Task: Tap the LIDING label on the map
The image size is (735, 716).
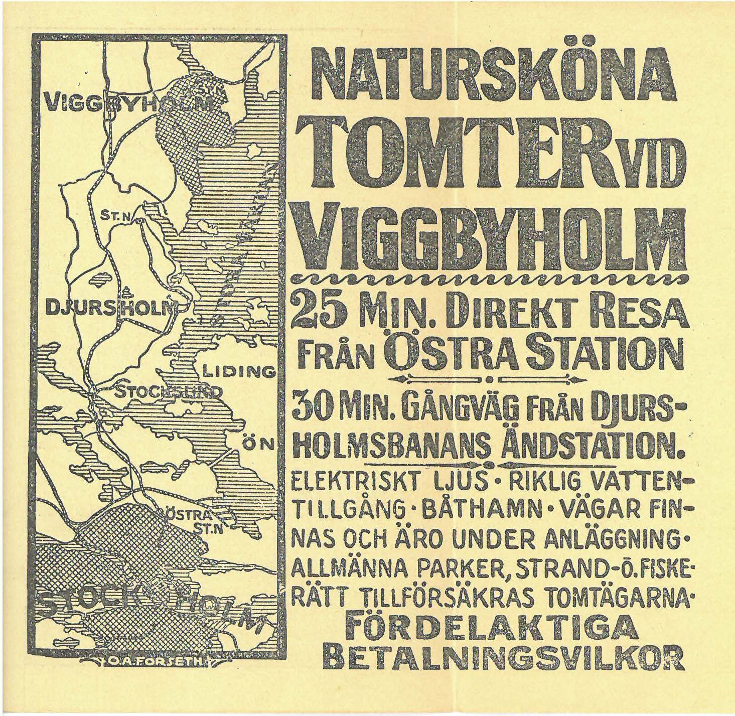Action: [239, 372]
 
